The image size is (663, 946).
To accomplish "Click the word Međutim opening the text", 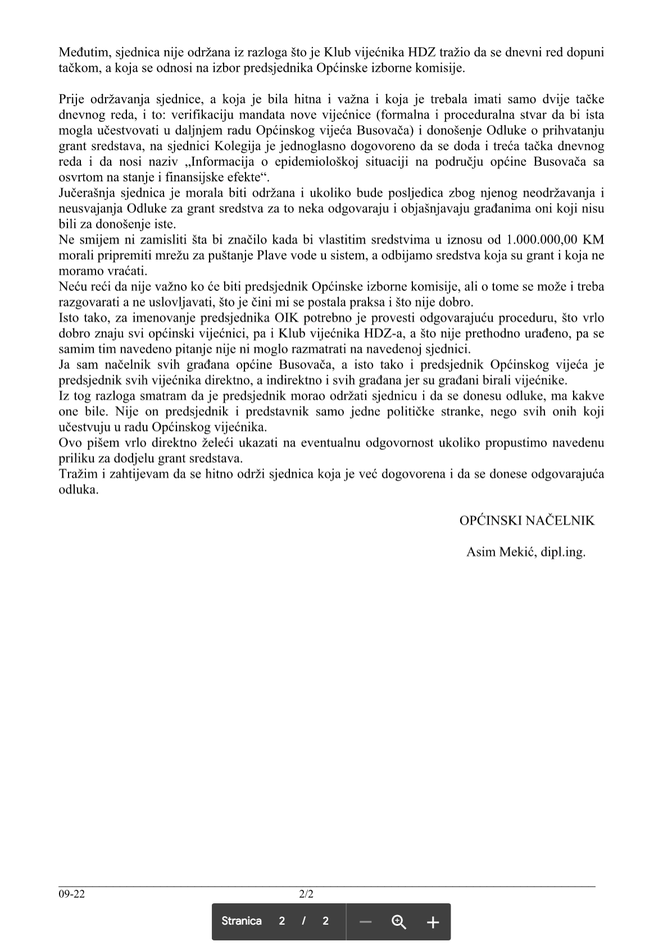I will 84,53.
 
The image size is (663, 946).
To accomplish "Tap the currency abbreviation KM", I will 593,240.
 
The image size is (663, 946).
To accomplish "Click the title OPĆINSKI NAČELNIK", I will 526,520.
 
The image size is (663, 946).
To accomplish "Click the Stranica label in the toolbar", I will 242,921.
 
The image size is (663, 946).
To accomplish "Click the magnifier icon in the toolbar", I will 399,921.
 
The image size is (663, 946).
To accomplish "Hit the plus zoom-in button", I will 433,922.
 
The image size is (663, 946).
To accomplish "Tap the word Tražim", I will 78,474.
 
